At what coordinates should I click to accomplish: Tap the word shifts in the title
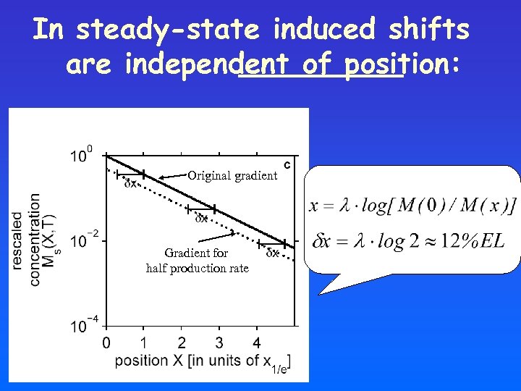coord(428,30)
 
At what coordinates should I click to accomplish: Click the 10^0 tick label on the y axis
coord(82,155)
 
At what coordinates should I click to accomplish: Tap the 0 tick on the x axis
coord(106,342)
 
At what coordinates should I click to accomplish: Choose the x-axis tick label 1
coord(143,342)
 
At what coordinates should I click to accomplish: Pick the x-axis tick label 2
coord(181,342)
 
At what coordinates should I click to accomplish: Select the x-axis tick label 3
coord(219,342)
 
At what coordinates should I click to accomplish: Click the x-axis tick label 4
coord(257,342)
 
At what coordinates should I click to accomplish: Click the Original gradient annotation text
coord(232,175)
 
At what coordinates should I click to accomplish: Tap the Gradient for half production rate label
coord(197,261)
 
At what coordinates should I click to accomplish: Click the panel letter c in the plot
coord(287,164)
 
